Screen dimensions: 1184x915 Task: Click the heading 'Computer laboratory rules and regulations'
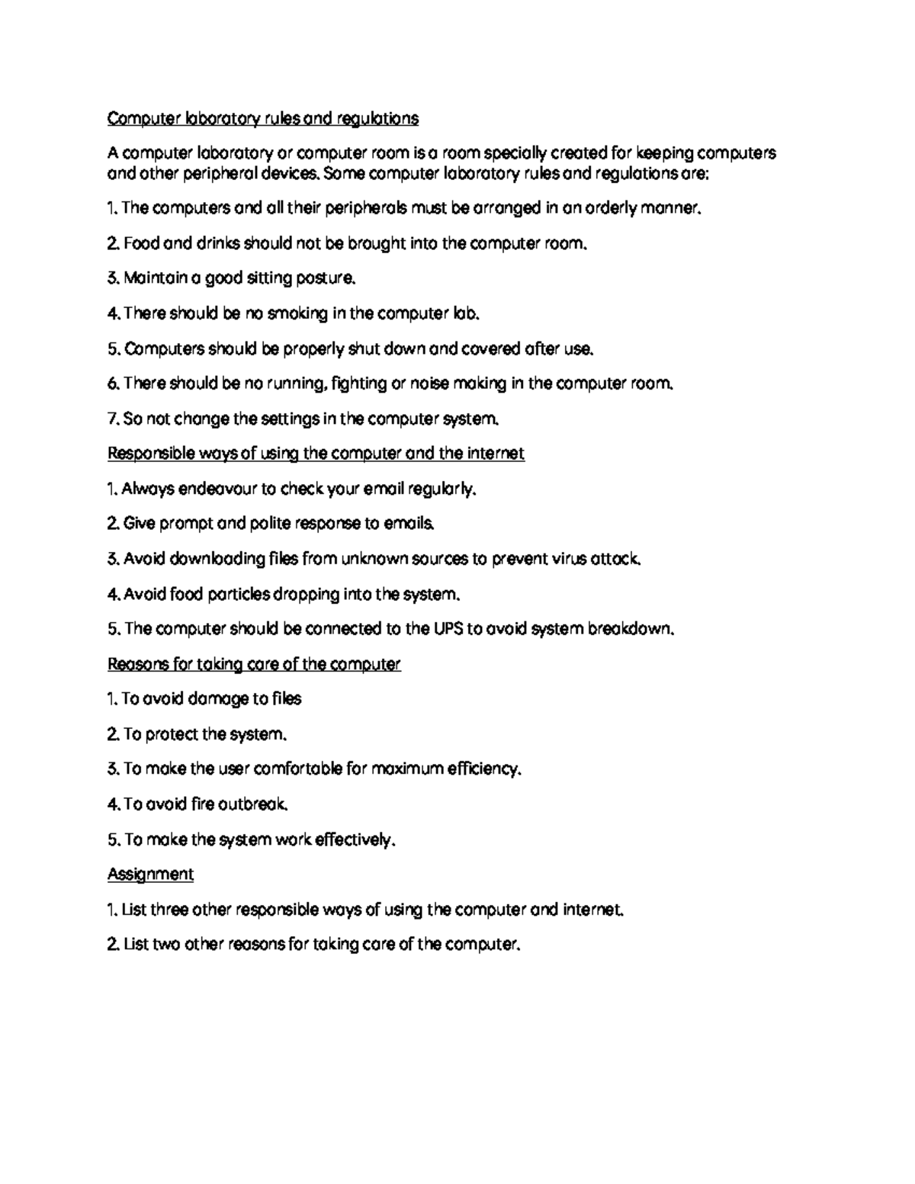[x=262, y=119]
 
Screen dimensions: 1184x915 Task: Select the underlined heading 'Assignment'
[x=150, y=874]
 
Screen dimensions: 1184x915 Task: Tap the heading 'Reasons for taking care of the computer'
[x=253, y=664]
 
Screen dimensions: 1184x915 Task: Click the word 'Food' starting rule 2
[x=140, y=244]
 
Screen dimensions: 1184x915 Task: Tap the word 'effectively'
[x=355, y=839]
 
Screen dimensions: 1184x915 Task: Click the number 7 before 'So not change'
[x=111, y=419]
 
